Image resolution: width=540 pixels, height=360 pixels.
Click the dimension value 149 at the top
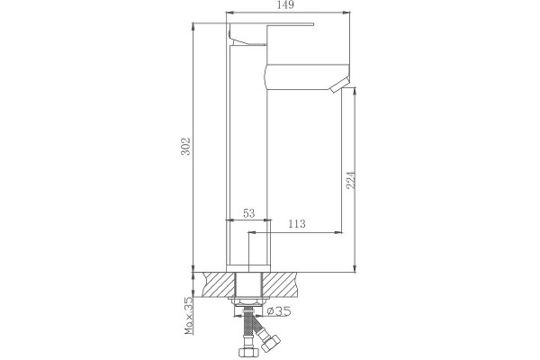285,5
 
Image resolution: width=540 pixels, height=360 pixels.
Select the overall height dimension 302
185,147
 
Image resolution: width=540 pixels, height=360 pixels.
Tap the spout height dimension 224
351,179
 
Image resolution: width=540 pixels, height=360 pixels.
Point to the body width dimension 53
248,213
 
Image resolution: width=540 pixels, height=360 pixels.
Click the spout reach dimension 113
296,224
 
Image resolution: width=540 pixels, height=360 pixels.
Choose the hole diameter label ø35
279,311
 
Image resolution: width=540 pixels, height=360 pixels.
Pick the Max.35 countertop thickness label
188,315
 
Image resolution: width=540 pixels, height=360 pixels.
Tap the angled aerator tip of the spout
340,85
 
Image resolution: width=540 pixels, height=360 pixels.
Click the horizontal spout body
307,77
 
